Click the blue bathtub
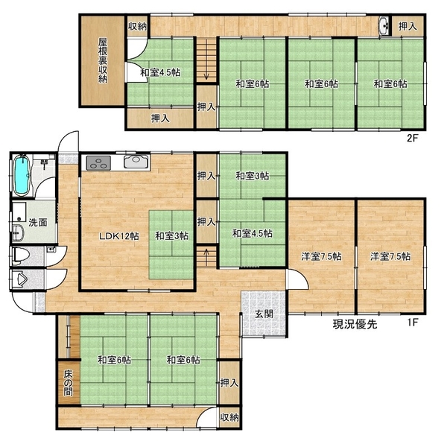click(22, 175)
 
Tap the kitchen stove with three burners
click(98, 162)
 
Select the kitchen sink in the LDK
click(136, 162)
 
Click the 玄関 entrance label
click(264, 314)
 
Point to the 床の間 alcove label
click(68, 383)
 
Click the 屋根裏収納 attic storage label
click(103, 60)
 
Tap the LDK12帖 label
click(119, 236)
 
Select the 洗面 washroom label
click(38, 223)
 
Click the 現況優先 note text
click(355, 324)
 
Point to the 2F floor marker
click(412, 139)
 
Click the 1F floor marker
click(412, 323)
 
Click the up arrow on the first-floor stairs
click(206, 253)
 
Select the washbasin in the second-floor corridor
click(384, 25)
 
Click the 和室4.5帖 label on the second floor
click(160, 72)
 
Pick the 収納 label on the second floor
click(137, 27)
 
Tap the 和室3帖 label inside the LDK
click(171, 236)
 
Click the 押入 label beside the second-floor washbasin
click(408, 27)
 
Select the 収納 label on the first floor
click(229, 418)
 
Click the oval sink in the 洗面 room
click(17, 232)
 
